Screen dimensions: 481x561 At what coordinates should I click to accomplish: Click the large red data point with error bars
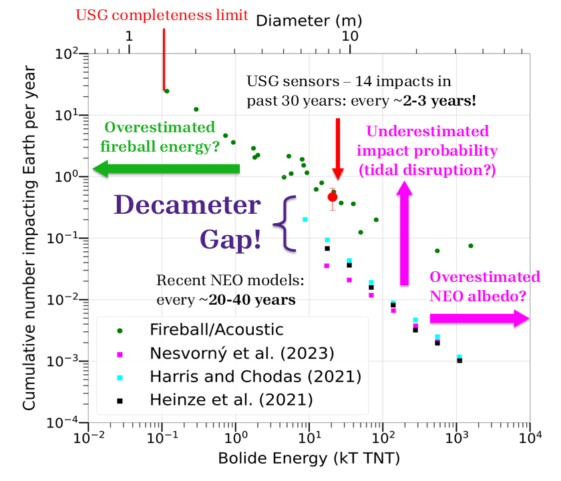[x=333, y=196]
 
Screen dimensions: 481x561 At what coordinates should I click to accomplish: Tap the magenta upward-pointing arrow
[x=404, y=234]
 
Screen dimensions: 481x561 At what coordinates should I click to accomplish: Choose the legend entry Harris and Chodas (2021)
[x=254, y=376]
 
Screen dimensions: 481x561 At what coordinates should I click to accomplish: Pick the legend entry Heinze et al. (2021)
[x=231, y=399]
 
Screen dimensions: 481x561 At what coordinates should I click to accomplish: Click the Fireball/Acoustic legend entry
[x=216, y=329]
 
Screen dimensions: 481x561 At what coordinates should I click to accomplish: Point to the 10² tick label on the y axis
[x=67, y=54]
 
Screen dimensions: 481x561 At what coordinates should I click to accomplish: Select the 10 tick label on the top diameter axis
[x=349, y=37]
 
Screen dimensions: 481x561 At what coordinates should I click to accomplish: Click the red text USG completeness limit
[x=163, y=14]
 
